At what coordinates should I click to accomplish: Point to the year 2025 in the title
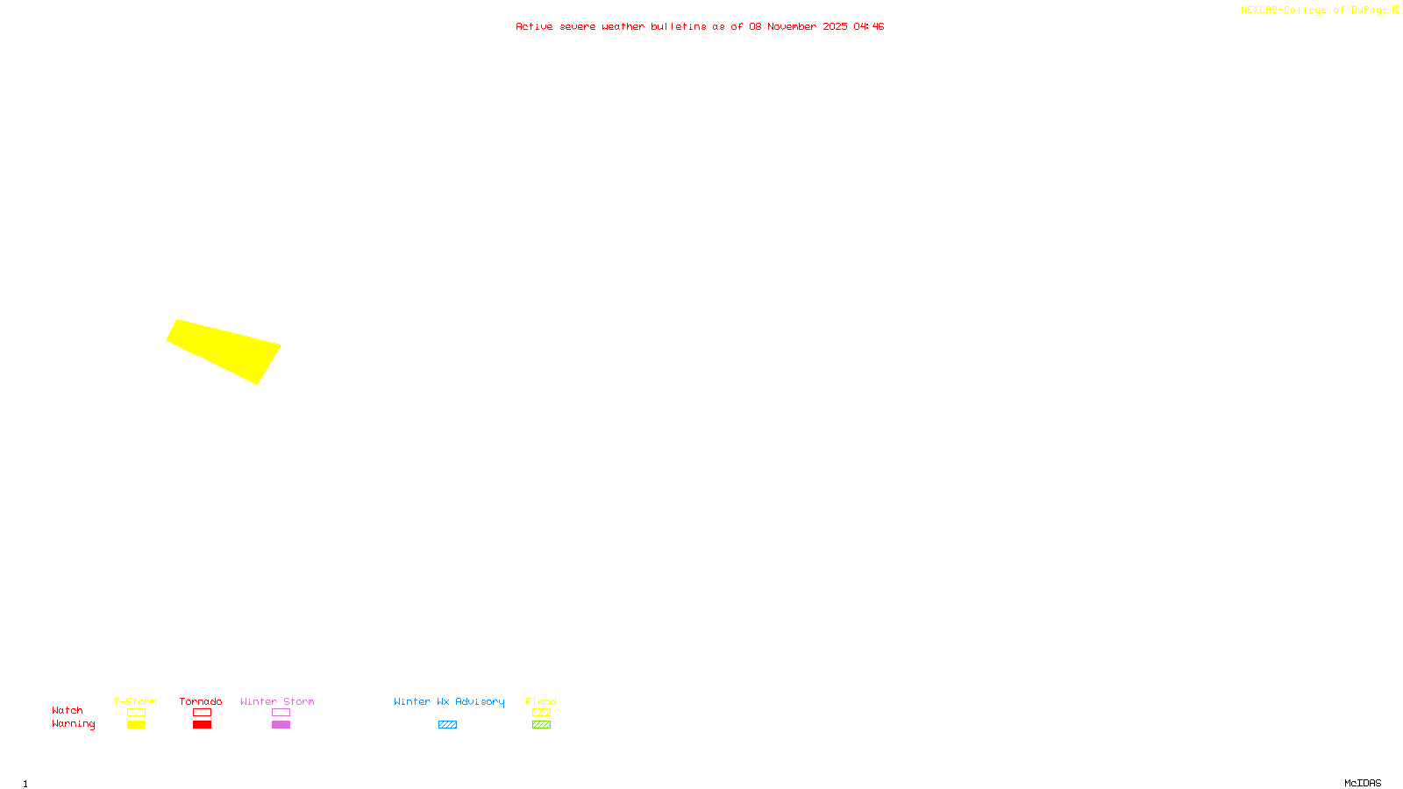click(x=835, y=26)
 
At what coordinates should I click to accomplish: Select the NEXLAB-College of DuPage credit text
click(x=1314, y=11)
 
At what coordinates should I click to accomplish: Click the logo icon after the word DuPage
click(x=1395, y=10)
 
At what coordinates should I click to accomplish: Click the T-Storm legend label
click(x=135, y=701)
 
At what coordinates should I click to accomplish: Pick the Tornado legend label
click(x=201, y=701)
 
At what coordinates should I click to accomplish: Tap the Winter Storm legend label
click(x=277, y=701)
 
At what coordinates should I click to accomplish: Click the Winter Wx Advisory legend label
click(x=449, y=701)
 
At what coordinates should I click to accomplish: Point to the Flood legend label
click(x=541, y=701)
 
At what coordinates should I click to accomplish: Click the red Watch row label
click(x=68, y=710)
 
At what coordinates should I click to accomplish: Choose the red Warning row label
click(x=73, y=724)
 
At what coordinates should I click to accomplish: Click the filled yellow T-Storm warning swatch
click(x=136, y=725)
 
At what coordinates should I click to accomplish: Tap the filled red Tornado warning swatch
click(x=202, y=725)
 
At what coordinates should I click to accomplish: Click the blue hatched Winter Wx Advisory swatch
click(x=447, y=725)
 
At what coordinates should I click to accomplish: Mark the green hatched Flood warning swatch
click(x=541, y=725)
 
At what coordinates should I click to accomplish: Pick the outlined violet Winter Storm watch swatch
click(x=281, y=713)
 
